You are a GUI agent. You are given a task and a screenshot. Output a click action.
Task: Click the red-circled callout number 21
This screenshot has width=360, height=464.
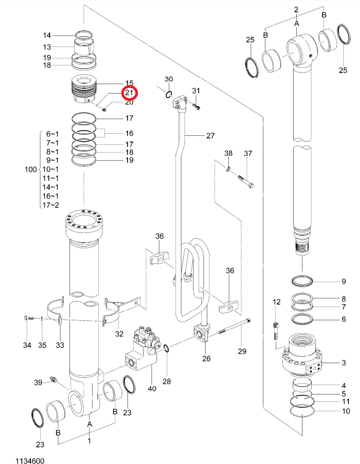[x=129, y=93]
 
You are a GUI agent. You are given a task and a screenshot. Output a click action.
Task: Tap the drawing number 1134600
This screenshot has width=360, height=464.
[x=30, y=460]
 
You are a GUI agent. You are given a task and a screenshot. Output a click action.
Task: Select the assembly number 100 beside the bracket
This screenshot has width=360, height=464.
[x=31, y=169]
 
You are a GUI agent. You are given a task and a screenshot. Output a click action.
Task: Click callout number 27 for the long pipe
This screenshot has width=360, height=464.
[x=211, y=136]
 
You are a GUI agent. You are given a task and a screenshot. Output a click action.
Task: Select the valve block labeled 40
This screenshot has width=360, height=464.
[x=143, y=349]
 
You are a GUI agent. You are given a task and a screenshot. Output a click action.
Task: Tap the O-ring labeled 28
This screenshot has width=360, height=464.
[x=166, y=349]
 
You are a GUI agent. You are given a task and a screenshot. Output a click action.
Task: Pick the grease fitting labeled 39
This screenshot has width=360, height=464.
[x=54, y=380]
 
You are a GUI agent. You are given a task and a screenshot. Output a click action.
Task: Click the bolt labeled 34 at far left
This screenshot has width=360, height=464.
[x=29, y=318]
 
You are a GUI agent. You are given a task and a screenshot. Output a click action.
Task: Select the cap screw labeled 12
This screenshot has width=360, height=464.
[x=276, y=331]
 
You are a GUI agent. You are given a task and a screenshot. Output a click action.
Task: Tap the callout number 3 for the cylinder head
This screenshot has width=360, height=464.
[x=343, y=363]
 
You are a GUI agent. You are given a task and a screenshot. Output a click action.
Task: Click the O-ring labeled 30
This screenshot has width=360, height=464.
[x=169, y=95]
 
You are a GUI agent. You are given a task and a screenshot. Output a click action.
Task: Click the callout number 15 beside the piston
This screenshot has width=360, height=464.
[x=129, y=83]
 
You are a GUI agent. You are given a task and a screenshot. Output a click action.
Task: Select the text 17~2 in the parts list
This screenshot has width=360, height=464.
[x=51, y=205]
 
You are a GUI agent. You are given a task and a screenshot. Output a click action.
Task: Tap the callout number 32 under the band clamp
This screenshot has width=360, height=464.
[x=119, y=334]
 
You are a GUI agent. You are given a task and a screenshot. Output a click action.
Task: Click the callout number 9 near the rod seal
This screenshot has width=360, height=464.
[x=343, y=281]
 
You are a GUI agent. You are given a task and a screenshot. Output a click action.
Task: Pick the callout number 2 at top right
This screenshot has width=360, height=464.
[x=296, y=9]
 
